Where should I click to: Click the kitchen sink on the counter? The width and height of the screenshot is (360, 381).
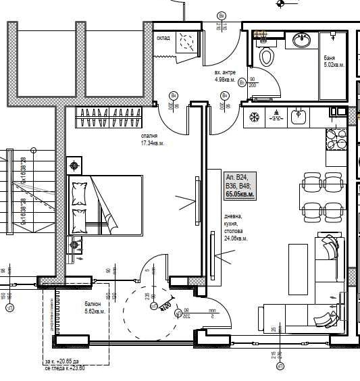click(x=298, y=117)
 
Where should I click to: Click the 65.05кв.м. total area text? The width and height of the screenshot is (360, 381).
click(x=240, y=195)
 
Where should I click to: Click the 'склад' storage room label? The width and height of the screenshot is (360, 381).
click(x=163, y=39)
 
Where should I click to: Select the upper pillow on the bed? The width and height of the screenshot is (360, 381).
click(x=80, y=193)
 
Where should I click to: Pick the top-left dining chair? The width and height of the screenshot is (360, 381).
click(x=311, y=182)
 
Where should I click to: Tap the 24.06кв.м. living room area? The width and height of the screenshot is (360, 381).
click(x=236, y=238)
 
